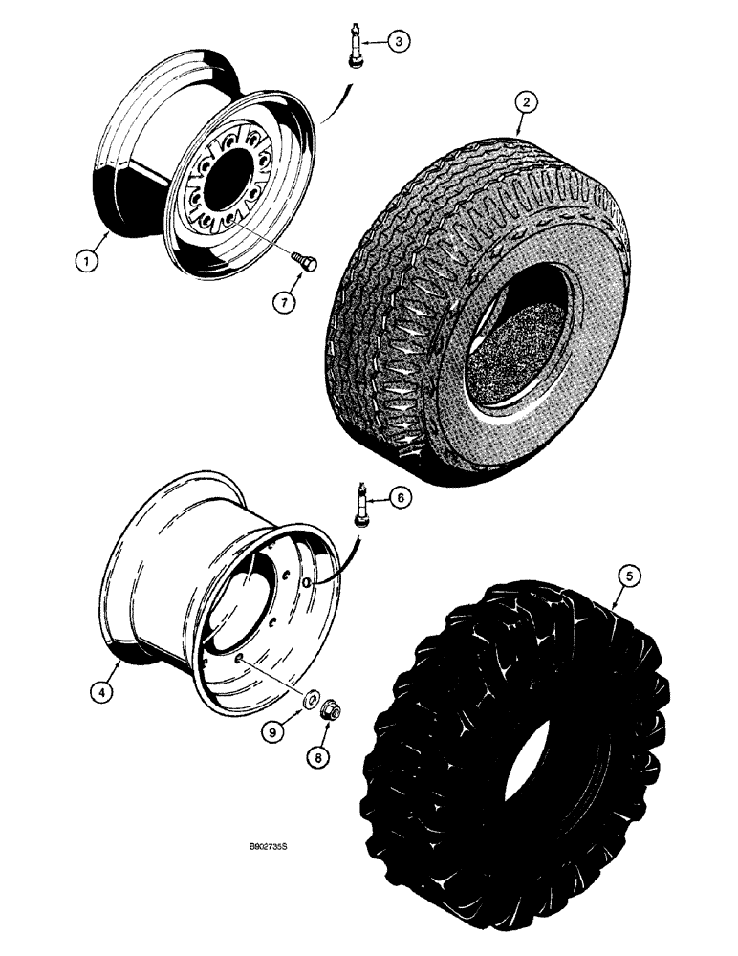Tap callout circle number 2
pos(523,100)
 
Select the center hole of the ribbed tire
pos(514,355)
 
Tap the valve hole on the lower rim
pos(305,582)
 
